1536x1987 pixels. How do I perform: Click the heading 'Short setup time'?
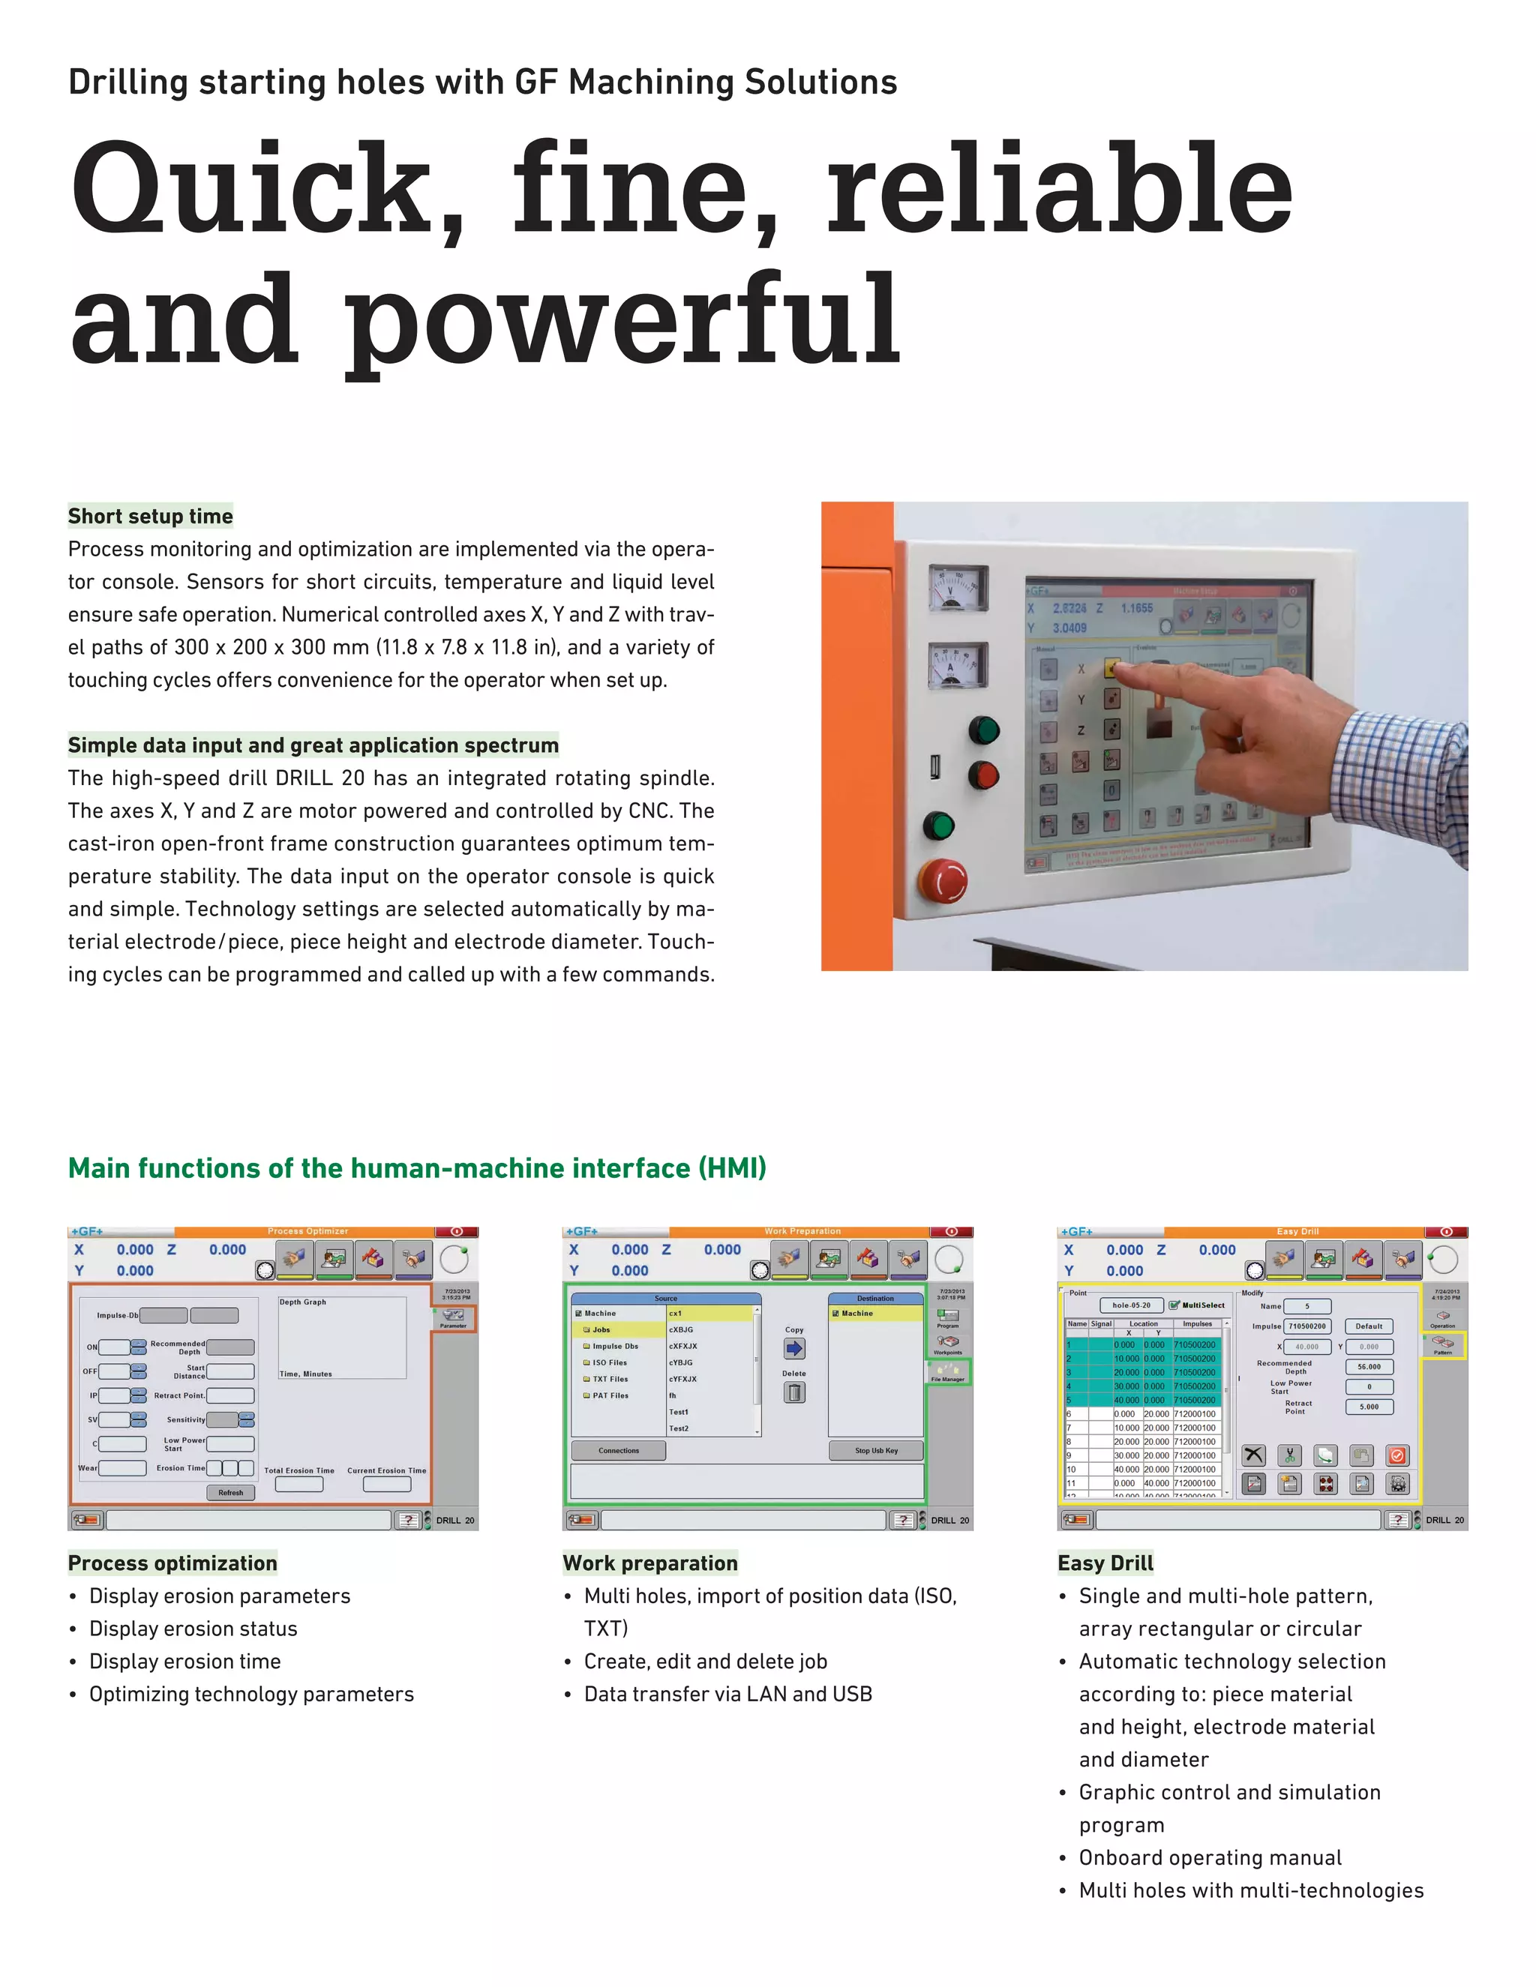tap(150, 517)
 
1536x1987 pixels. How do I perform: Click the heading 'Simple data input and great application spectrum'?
tap(313, 745)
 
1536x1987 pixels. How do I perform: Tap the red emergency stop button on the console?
tap(943, 880)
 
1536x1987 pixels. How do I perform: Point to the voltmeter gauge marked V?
tap(957, 589)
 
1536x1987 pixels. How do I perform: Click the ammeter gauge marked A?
tap(957, 665)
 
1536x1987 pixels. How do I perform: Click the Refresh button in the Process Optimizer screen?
tap(230, 1492)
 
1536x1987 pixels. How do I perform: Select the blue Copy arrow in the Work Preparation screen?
tap(793, 1348)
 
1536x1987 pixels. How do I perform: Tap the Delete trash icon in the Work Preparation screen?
tap(793, 1392)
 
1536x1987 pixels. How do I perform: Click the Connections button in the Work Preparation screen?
tap(619, 1450)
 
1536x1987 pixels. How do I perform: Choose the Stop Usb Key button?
tap(875, 1450)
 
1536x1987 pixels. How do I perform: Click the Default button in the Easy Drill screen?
tap(1369, 1326)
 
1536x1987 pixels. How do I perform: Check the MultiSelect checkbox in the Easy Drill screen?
tap(1174, 1305)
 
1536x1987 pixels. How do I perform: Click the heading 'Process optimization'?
tap(172, 1563)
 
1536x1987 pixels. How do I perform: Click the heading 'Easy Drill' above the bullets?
tap(1105, 1563)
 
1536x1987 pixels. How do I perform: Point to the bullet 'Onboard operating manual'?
tap(1210, 1858)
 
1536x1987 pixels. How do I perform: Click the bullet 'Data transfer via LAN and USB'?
tap(728, 1694)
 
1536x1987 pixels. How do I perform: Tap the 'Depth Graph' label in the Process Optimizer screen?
tap(302, 1302)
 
